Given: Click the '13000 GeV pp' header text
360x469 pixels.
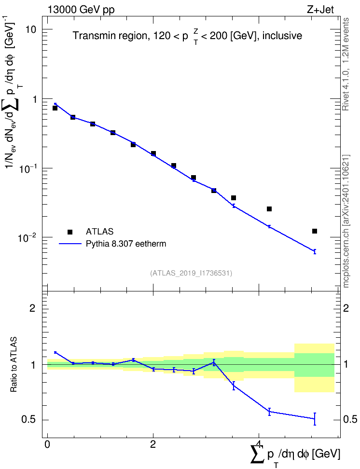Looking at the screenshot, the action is coord(81,10).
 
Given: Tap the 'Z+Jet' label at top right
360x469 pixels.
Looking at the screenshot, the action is coord(320,10).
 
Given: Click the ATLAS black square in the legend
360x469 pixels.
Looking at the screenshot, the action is coord(70,232).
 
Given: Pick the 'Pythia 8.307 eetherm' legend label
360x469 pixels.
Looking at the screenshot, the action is coord(125,244).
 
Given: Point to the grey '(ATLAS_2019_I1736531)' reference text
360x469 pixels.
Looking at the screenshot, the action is coord(191,273).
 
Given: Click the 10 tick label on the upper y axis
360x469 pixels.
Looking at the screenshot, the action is coord(30,29).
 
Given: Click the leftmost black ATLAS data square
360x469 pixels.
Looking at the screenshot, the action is coord(55,108).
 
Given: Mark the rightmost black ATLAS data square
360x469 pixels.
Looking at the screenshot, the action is coord(315,231).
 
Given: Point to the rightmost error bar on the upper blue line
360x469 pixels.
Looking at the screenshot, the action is coord(315,251).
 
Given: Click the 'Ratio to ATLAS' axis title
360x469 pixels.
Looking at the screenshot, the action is coord(14,365).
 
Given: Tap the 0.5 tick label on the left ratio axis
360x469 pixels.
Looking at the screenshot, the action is coord(29,420).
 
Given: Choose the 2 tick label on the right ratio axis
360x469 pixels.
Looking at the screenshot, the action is coord(346,308).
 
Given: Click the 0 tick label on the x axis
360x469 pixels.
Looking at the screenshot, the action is coord(47,444).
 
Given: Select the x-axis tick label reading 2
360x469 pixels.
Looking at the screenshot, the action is coord(153,444).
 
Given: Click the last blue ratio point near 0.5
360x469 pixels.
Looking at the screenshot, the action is coord(315,419).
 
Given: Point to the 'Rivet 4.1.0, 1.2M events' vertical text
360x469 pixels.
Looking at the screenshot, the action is coord(346,64).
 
